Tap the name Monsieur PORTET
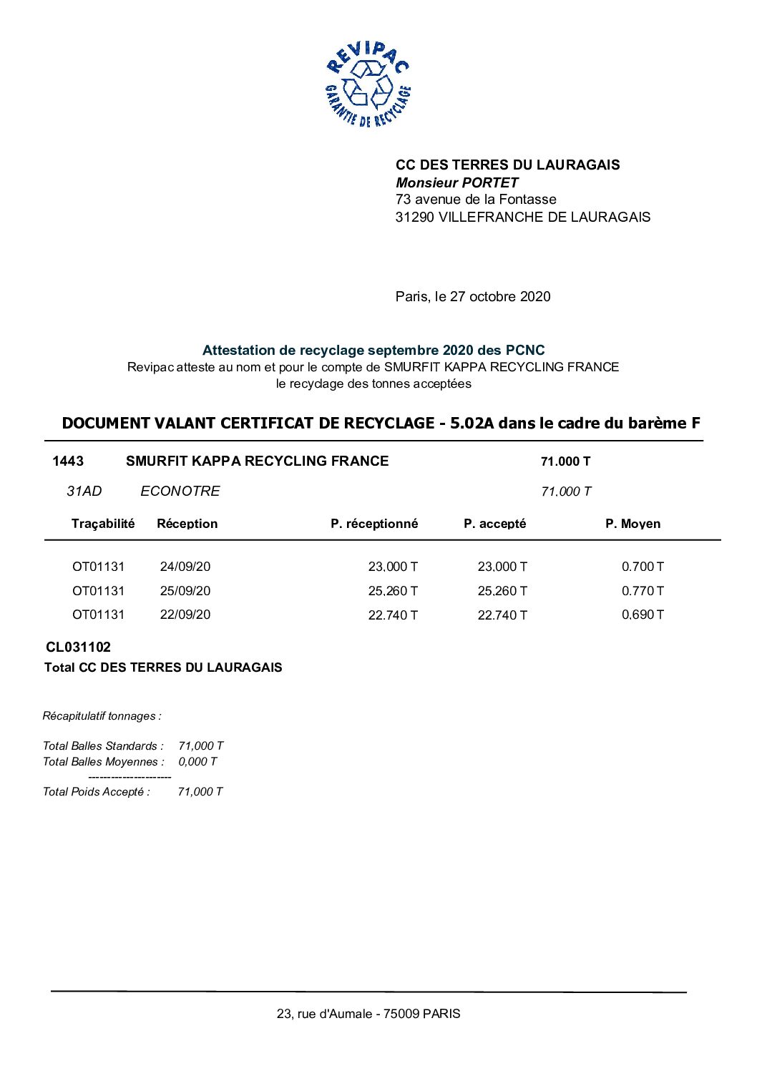[456, 182]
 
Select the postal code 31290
[415, 217]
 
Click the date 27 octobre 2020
[500, 296]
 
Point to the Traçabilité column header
[103, 524]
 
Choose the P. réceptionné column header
[374, 524]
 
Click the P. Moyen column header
[633, 524]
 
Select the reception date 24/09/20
[185, 567]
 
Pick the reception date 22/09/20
[185, 615]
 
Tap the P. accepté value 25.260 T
[502, 591]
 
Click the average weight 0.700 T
[643, 567]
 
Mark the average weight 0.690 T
[643, 615]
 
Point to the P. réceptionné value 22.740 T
[393, 615]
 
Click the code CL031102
[79, 647]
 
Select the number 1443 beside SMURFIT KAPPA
[68, 461]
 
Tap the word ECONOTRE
[180, 491]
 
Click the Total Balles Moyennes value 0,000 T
[197, 761]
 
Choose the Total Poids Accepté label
[97, 791]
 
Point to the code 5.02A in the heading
[472, 423]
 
